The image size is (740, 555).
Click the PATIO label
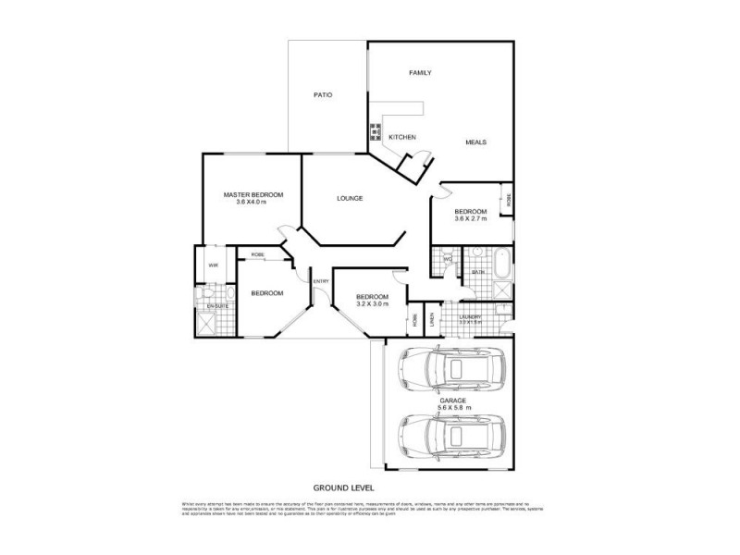pos(322,95)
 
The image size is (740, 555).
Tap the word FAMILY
pos(421,72)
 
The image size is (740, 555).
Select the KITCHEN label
pos(401,137)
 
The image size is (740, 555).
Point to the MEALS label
pos(475,142)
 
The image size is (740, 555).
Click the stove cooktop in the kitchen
pos(376,131)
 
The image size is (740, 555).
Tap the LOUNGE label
pos(349,198)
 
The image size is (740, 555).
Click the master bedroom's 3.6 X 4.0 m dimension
pos(253,203)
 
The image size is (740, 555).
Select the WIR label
pos(213,265)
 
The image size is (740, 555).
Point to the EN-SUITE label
pos(217,305)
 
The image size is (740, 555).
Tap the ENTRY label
pos(320,281)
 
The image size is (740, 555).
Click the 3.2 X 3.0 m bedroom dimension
pos(373,303)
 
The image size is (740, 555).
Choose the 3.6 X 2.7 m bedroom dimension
pos(470,220)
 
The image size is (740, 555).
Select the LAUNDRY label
pos(470,316)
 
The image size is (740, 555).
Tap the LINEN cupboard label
pos(432,320)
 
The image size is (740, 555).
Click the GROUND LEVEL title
pos(342,487)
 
